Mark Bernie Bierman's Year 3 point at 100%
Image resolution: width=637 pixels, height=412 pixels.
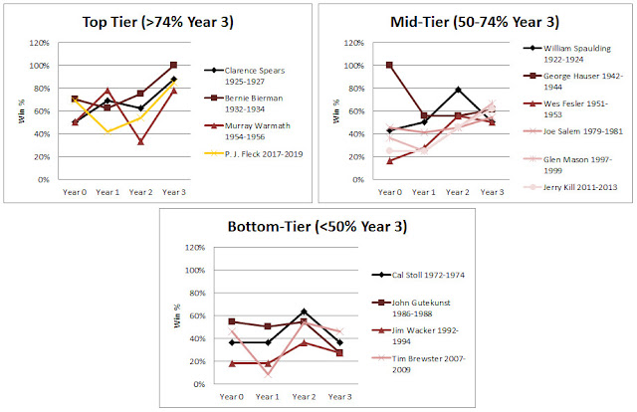pyautogui.click(x=174, y=66)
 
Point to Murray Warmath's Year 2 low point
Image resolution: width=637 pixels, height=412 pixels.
pyautogui.click(x=142, y=141)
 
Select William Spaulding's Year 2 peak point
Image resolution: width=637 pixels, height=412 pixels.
pyautogui.click(x=457, y=90)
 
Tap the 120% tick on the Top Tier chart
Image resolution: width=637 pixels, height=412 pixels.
pyautogui.click(x=37, y=43)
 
